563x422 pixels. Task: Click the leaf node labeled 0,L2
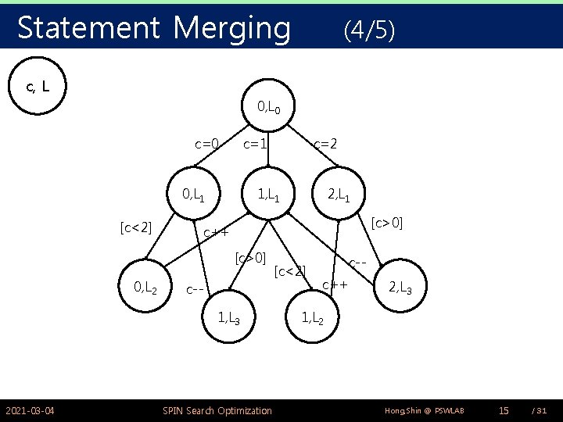point(146,288)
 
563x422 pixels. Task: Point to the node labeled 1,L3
point(229,318)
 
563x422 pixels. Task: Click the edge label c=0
point(206,144)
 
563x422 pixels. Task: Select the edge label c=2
point(325,144)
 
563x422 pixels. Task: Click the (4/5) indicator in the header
point(369,30)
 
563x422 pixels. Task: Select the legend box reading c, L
point(39,86)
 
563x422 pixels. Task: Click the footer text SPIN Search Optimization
point(217,410)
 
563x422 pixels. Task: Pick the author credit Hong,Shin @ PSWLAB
point(424,410)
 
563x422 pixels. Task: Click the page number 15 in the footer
point(504,410)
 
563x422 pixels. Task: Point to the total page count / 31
point(539,410)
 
